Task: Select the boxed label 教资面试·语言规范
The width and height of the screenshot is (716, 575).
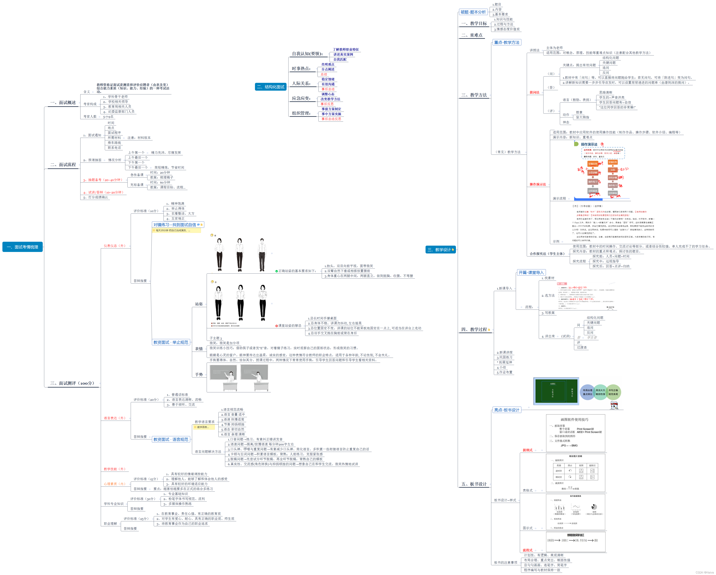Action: [x=171, y=439]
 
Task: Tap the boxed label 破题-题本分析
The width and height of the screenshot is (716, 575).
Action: [x=473, y=12]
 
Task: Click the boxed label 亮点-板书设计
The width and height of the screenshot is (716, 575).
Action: [x=506, y=410]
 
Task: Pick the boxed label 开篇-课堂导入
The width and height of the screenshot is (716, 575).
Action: [x=531, y=273]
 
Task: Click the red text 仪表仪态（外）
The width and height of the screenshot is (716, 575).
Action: [x=115, y=246]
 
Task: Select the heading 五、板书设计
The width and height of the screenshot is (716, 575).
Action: [x=474, y=484]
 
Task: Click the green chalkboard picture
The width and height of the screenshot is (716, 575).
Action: [x=556, y=391]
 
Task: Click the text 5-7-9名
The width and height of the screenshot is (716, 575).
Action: [x=108, y=117]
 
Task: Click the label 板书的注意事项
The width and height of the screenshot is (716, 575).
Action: [x=505, y=562]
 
